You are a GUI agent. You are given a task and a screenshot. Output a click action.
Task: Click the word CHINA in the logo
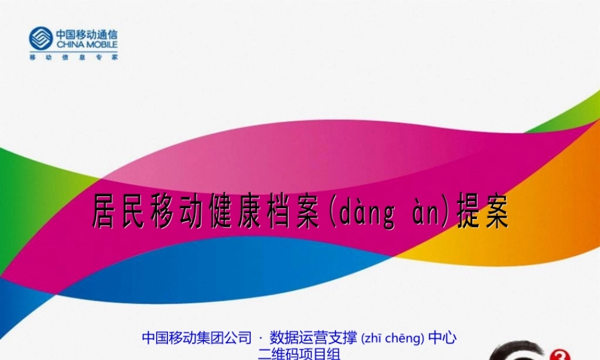point(70,44)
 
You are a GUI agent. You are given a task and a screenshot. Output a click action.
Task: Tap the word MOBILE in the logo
point(101,44)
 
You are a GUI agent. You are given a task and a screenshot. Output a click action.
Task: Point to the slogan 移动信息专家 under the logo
point(74,58)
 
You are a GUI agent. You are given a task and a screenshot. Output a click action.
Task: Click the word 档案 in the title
point(292,213)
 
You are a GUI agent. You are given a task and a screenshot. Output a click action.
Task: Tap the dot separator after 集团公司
point(260,338)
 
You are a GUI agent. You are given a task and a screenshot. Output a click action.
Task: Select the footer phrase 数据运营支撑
point(314,338)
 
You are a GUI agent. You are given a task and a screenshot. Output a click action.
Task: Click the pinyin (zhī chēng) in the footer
point(393,338)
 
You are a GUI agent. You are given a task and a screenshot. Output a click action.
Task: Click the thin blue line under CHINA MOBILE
point(74,50)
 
